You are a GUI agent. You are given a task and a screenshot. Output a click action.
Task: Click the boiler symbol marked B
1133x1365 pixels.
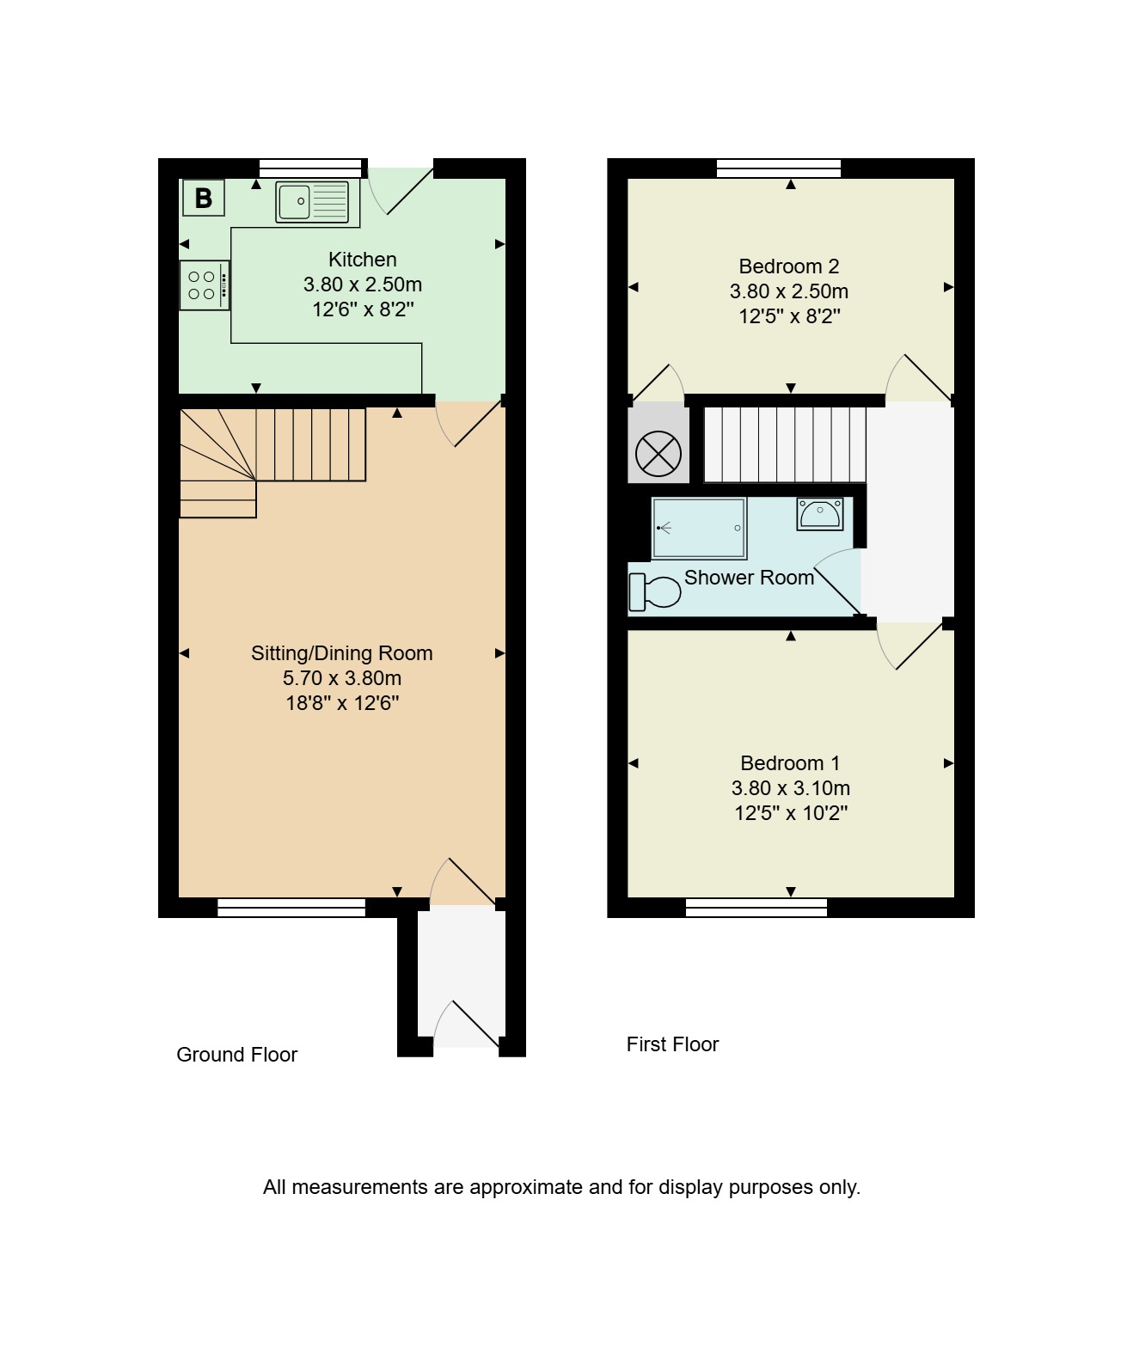pyautogui.click(x=204, y=198)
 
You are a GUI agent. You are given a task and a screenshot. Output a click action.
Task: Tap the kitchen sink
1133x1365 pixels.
pyautogui.click(x=312, y=201)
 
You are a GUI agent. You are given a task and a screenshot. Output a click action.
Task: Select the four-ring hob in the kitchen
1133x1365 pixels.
pyautogui.click(x=205, y=285)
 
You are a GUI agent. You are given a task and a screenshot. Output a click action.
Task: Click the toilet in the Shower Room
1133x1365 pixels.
pyautogui.click(x=654, y=591)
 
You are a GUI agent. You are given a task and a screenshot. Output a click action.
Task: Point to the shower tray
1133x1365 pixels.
pyautogui.click(x=699, y=529)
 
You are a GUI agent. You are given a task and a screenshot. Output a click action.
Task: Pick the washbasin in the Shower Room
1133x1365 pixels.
pyautogui.click(x=820, y=513)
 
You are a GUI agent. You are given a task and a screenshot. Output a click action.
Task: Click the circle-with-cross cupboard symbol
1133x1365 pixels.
pyautogui.click(x=658, y=454)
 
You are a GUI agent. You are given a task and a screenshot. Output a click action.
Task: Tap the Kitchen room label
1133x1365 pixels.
pyautogui.click(x=362, y=260)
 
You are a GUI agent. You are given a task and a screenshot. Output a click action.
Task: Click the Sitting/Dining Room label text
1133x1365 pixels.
pyautogui.click(x=342, y=653)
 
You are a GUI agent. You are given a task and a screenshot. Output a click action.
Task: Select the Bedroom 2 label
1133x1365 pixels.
pyautogui.click(x=789, y=266)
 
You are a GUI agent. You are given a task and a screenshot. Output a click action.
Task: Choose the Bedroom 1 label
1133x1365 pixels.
pyautogui.click(x=790, y=763)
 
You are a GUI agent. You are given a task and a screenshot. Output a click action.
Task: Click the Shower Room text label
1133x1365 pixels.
pyautogui.click(x=750, y=578)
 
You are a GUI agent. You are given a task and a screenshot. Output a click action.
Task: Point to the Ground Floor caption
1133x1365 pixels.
pyautogui.click(x=236, y=1055)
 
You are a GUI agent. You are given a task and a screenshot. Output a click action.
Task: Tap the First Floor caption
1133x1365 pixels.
pyautogui.click(x=673, y=1044)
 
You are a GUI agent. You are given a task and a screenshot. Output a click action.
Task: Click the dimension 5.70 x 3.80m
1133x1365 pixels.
pyautogui.click(x=342, y=678)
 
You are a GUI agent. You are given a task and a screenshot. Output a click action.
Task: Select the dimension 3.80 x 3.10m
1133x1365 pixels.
pyautogui.click(x=790, y=787)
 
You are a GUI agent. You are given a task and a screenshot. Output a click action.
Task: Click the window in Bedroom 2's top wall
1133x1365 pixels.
pyautogui.click(x=779, y=168)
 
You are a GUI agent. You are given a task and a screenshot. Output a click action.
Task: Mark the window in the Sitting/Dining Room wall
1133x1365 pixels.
pyautogui.click(x=291, y=908)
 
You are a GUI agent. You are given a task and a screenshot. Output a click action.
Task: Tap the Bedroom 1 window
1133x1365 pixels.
pyautogui.click(x=756, y=908)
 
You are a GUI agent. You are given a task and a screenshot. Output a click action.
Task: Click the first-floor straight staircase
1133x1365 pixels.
pyautogui.click(x=785, y=444)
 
